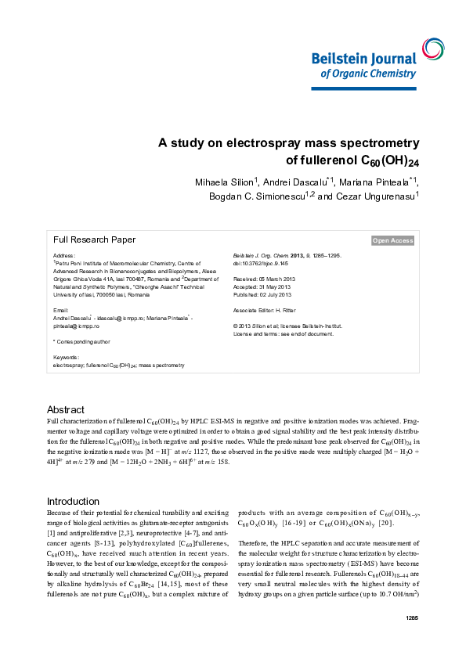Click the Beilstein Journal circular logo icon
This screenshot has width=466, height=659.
[x=432, y=49]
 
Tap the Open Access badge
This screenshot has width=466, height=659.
[x=392, y=241]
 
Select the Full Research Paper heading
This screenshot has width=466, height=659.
[x=94, y=240]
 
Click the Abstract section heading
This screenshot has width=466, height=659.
[x=66, y=410]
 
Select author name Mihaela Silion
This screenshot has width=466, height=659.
[x=226, y=182]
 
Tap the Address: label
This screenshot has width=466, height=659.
[x=64, y=256]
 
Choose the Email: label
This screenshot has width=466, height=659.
[x=61, y=311]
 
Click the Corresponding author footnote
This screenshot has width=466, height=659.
[x=81, y=341]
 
